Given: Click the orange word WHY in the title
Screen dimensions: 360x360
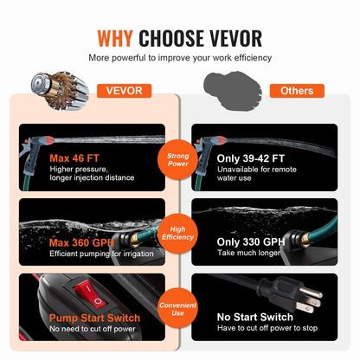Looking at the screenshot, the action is (x=115, y=38).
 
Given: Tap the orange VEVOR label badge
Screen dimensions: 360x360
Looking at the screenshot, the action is (x=124, y=91).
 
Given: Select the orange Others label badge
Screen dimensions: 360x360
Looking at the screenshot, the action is (x=297, y=91).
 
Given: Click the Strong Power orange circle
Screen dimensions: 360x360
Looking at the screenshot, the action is (x=177, y=159).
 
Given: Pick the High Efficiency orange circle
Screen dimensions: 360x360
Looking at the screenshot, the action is (x=177, y=234).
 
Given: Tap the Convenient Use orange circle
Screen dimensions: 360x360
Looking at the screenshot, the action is (x=177, y=309).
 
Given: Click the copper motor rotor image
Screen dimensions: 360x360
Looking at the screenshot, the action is (x=60, y=91).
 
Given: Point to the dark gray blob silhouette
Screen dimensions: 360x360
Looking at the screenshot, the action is (x=233, y=90).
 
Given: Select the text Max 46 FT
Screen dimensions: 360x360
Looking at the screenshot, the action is (x=74, y=158).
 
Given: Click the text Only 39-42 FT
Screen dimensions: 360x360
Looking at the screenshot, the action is (x=251, y=158).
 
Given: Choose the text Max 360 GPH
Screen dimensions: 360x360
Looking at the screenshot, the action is (x=81, y=242).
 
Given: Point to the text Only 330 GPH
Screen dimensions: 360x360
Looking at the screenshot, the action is (x=251, y=241).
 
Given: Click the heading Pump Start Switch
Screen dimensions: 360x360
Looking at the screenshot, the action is (x=94, y=318).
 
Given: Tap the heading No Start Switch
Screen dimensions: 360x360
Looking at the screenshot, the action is (x=255, y=317).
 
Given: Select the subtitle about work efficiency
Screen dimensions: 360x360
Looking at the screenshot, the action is (x=180, y=58).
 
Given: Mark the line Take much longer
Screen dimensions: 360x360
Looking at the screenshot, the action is (x=248, y=253).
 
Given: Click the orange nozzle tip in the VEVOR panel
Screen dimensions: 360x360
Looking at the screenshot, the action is (x=49, y=140).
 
